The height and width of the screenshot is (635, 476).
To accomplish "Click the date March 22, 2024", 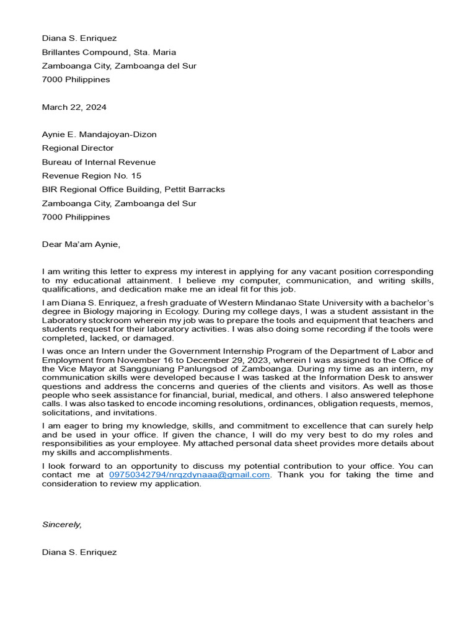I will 74,107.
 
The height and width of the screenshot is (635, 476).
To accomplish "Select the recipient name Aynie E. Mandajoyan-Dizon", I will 99,135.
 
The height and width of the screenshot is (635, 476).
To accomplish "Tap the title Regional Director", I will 77,148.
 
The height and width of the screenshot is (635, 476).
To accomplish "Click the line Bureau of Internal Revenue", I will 99,162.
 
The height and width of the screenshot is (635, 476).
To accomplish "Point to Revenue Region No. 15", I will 91,175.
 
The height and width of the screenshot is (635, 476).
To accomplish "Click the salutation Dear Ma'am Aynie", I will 81,244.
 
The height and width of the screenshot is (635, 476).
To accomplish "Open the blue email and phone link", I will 190,475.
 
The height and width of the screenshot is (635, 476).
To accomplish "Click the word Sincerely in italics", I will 61,525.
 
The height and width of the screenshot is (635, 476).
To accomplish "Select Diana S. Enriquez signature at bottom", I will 79,552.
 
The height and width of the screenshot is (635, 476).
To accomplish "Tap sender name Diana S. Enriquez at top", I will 79,38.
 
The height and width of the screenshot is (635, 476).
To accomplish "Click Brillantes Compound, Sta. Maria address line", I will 108,52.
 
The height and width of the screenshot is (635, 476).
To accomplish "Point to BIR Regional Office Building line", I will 133,189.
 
